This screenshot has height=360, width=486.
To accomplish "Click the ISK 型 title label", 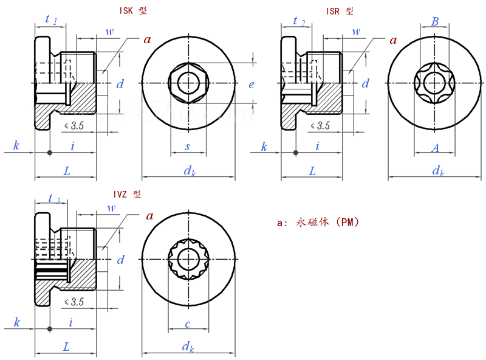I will (x=134, y=11).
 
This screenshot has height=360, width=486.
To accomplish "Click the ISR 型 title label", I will (x=340, y=11).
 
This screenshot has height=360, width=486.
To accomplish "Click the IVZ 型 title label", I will (x=127, y=195).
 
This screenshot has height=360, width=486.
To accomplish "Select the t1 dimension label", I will (x=51, y=20).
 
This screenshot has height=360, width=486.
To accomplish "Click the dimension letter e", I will (x=252, y=85).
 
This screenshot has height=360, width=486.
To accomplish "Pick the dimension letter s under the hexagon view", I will (x=188, y=147).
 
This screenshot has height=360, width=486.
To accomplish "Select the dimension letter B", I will (x=435, y=21).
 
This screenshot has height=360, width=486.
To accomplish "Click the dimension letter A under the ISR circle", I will (x=435, y=147).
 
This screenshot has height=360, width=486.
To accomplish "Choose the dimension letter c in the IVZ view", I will (x=188, y=324).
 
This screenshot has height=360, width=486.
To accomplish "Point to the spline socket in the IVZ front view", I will (x=188, y=260).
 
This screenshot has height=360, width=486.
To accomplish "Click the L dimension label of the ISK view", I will (x=66, y=171).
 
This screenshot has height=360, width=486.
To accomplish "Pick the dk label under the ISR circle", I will (x=438, y=171).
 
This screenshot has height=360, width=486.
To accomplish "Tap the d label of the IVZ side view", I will (x=120, y=260).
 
